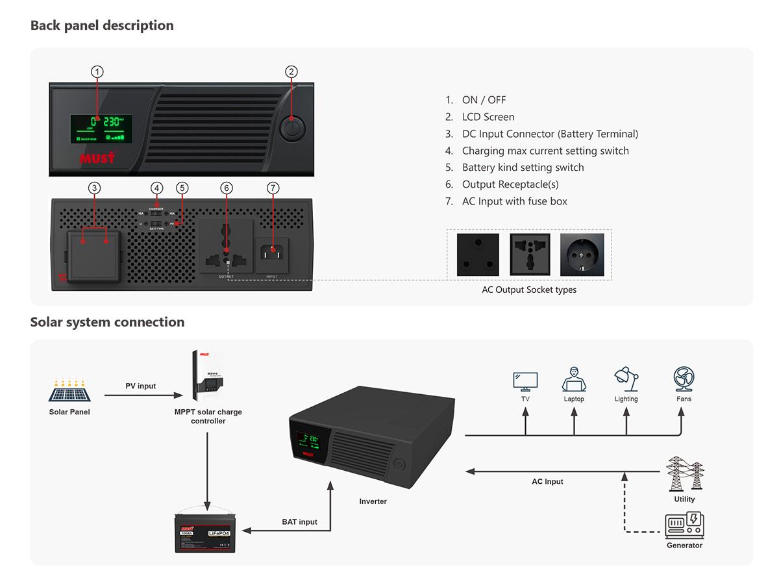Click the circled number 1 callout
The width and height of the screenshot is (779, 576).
coord(97,71)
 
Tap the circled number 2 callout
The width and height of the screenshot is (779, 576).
coord(291,71)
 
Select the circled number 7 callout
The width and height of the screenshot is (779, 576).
coord(273,188)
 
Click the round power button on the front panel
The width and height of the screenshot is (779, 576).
coord(291,128)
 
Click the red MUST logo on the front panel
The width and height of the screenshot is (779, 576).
coord(97,157)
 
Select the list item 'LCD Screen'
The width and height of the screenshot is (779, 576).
coord(488,117)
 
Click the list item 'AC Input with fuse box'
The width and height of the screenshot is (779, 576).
coord(514,201)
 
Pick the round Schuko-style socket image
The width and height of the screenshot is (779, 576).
coord(582,255)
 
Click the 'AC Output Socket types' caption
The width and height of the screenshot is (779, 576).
coord(528,290)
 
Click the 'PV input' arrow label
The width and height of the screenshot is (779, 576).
coord(140,386)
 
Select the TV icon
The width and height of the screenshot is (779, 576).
coord(525,381)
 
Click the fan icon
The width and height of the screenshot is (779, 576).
coord(684,379)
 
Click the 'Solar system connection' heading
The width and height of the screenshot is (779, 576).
coord(107,322)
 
